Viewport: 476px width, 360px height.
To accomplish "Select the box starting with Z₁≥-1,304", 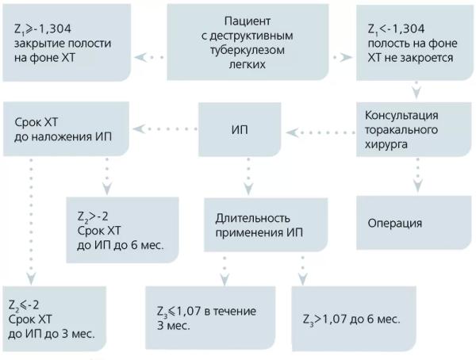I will pos(65,41).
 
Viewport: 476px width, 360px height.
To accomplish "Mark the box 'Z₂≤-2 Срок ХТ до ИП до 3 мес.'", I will pos(56,317).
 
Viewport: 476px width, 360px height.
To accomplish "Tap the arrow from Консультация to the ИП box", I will pos(321,129).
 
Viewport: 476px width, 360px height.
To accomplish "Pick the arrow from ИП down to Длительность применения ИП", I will pos(248,176).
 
